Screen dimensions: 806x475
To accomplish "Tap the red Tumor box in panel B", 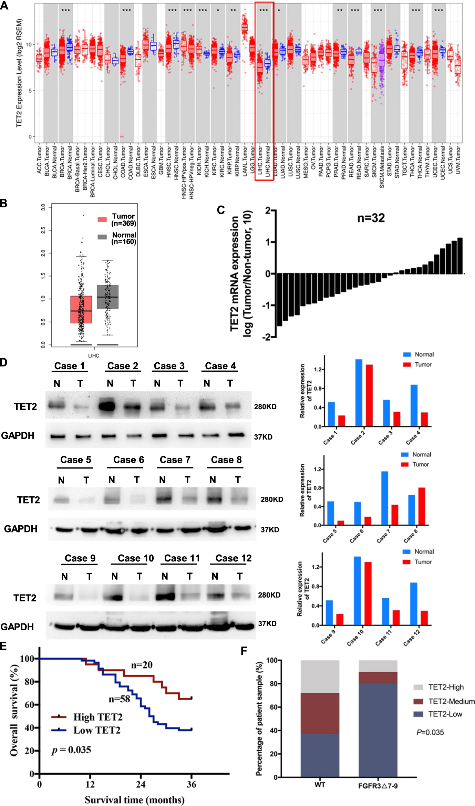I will (x=81, y=309).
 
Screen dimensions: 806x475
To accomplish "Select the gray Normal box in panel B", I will (x=107, y=297).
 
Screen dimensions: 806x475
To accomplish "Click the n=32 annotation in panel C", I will (x=371, y=218).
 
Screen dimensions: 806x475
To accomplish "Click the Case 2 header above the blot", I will (x=123, y=366).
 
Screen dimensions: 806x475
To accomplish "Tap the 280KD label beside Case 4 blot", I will (x=265, y=407).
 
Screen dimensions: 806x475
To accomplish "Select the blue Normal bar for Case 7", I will (x=384, y=498).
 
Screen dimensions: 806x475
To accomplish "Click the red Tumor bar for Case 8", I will (x=422, y=506).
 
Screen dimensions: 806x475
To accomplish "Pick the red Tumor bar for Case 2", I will (x=369, y=395).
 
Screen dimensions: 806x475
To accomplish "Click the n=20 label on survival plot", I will (x=142, y=665).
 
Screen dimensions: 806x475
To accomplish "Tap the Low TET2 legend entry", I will (x=97, y=730).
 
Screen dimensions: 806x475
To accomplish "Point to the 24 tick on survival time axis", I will (x=141, y=784).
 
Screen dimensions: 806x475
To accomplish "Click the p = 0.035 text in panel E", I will (x=71, y=750).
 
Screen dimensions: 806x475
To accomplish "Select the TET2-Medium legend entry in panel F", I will (x=451, y=702).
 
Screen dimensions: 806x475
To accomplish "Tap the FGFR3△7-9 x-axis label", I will (x=378, y=786).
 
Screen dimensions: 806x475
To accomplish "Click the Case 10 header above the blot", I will (x=135, y=558).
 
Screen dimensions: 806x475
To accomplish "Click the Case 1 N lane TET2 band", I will (x=57, y=405).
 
